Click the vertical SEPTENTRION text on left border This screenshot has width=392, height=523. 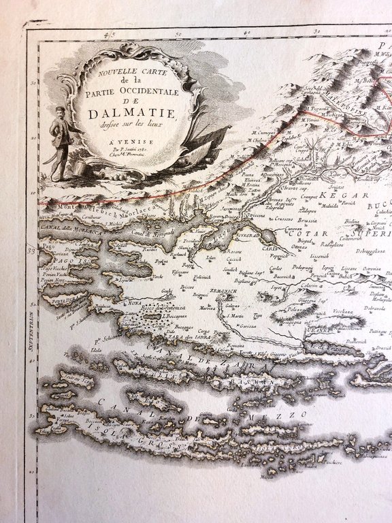(x=31, y=354)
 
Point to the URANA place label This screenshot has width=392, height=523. (x=318, y=330)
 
